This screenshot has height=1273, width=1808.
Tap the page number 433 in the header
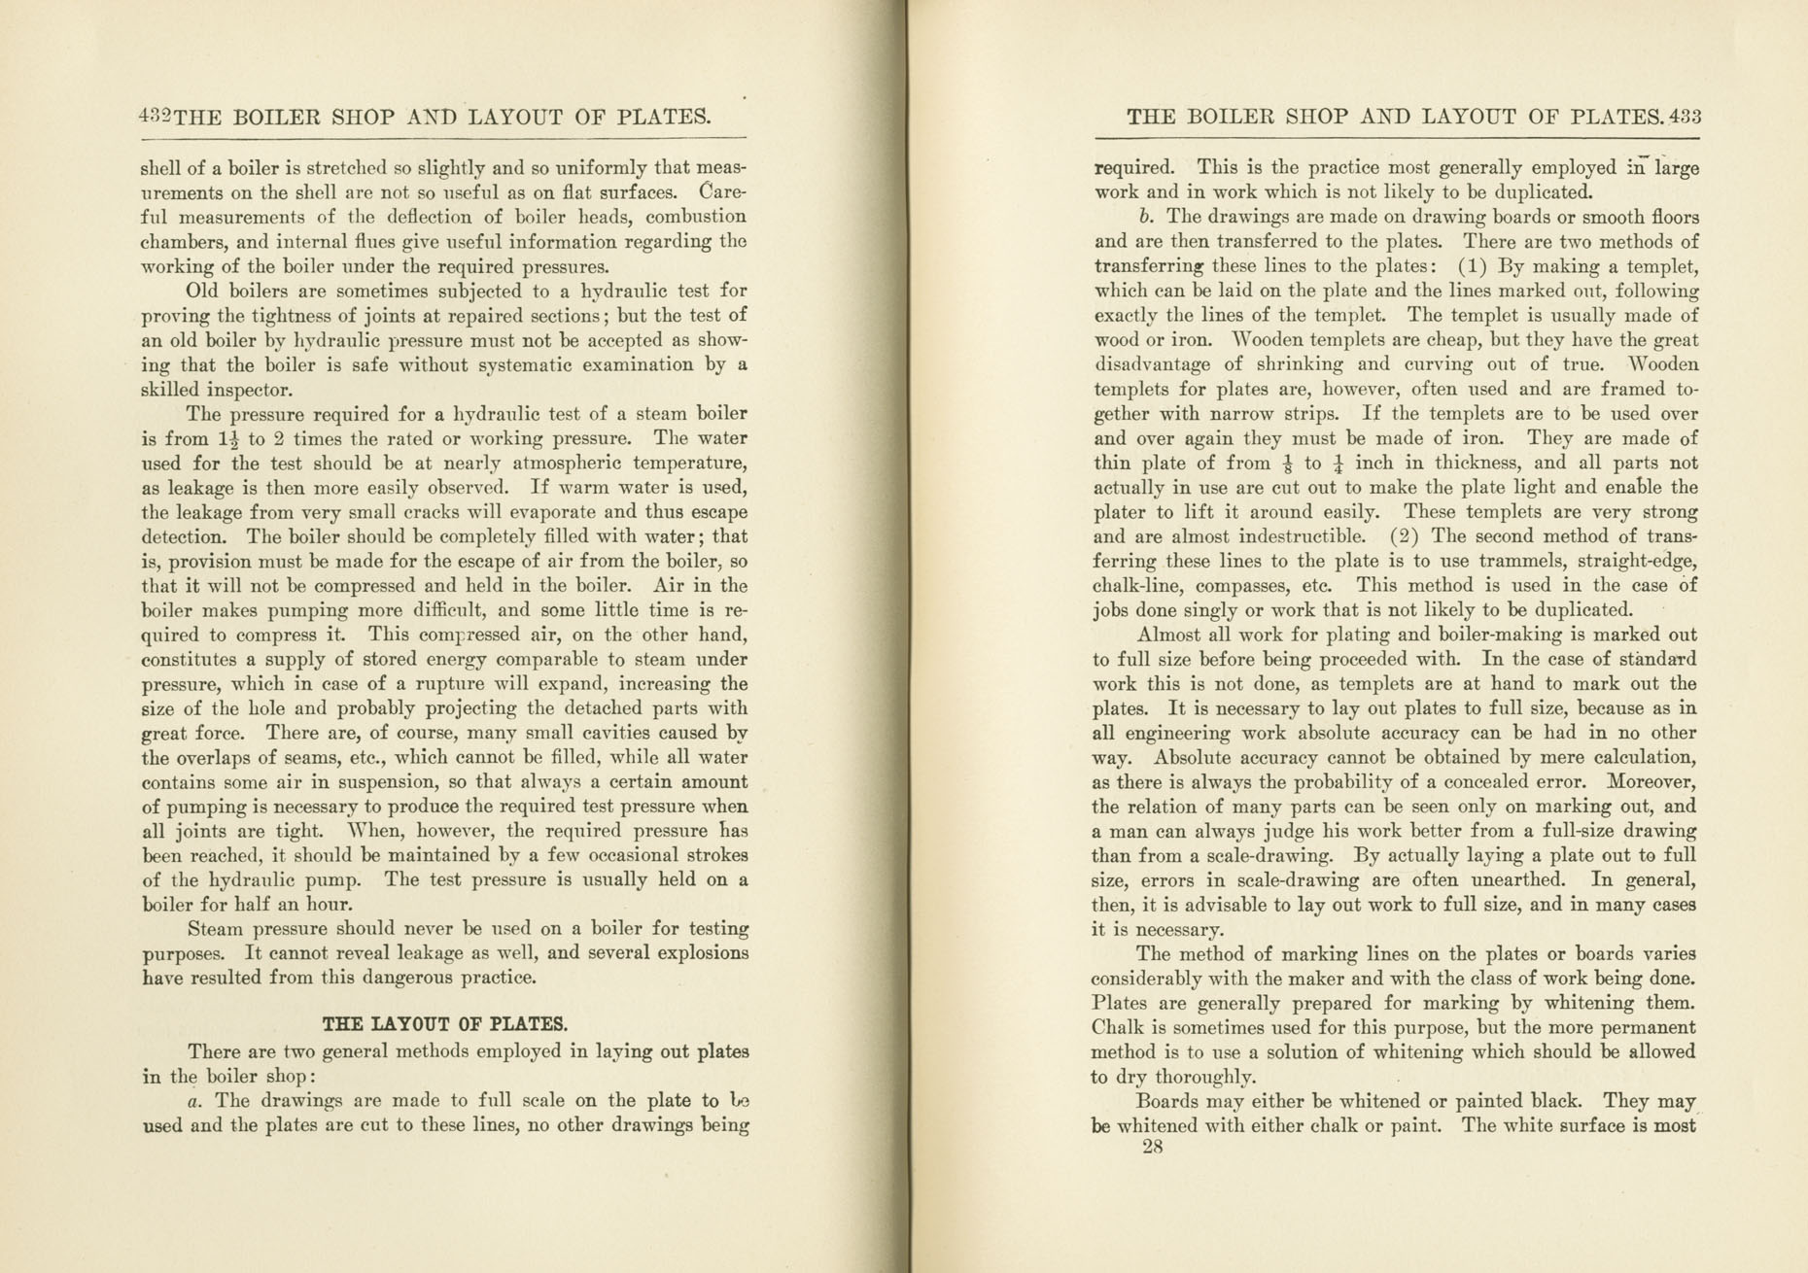tap(1684, 118)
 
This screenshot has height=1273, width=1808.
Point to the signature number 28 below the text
tap(1153, 1147)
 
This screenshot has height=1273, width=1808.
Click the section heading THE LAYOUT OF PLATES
tap(445, 1024)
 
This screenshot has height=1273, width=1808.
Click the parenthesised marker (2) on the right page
tap(1406, 536)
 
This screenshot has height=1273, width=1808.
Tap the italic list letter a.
tap(194, 1101)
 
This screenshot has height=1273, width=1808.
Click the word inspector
tap(249, 391)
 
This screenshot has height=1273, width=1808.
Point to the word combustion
tap(696, 217)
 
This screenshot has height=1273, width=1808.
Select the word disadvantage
tap(1153, 365)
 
